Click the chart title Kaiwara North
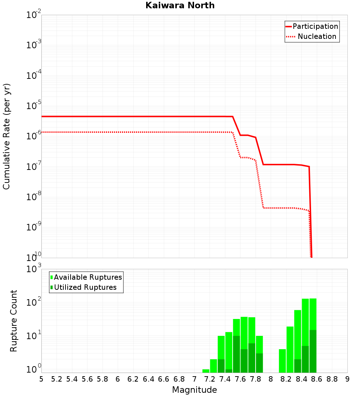pos(180,5)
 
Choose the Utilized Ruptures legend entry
pos(85,287)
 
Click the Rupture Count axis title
pos(14,321)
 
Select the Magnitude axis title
pos(194,390)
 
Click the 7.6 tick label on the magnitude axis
pos(240,379)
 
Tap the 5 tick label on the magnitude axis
pos(41,379)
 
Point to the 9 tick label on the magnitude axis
pos(347,379)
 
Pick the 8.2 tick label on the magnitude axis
pos(286,379)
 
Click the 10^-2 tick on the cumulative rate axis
pos(33,15)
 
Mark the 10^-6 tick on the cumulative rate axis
pos(33,136)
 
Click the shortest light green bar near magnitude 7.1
pos(206,371)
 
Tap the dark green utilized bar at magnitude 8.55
pos(313,351)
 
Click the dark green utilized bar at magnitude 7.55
pos(237,354)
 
